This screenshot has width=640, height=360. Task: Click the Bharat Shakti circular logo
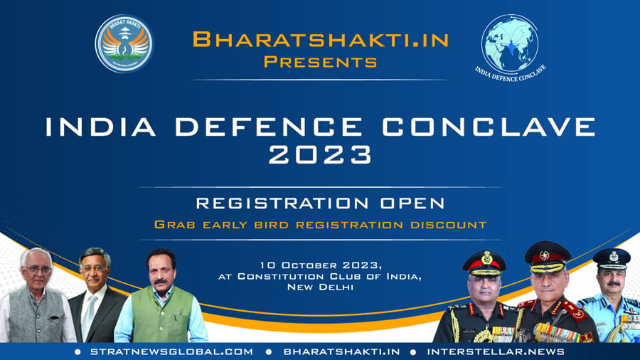[x=124, y=44]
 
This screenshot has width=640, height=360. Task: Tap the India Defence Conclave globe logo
[x=510, y=48]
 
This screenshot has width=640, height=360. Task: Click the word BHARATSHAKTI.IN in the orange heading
[x=321, y=40]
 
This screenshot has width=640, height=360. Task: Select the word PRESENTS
[x=321, y=62]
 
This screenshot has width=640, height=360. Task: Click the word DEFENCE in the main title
[x=269, y=127]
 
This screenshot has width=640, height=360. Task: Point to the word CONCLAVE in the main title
[x=489, y=127]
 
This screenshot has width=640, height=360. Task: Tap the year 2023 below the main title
[x=321, y=154]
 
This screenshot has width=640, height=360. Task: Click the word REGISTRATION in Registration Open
[x=282, y=203]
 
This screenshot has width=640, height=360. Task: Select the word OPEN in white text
[x=412, y=203]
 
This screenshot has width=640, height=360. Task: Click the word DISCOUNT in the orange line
[x=449, y=225]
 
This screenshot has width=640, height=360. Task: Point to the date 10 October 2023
[x=321, y=265]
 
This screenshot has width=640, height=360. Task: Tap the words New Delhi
[x=321, y=287]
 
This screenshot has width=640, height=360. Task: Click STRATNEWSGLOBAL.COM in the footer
[x=172, y=352]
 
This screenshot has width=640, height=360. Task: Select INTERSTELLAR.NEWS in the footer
[x=496, y=352]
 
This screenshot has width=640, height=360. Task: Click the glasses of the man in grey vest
[x=39, y=270]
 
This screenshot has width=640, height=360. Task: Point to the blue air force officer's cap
[x=612, y=259]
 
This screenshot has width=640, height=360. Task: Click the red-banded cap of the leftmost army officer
[x=484, y=263]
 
